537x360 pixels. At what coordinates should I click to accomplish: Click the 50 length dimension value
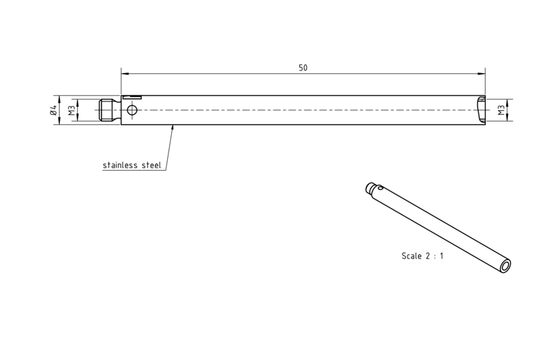coord(303,68)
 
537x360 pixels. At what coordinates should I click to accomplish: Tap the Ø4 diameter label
coord(53,110)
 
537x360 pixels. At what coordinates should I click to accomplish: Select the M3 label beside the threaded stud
coord(72,110)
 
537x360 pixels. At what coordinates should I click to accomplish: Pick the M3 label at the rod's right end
coord(501,110)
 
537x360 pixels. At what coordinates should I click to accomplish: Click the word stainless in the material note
coord(120,165)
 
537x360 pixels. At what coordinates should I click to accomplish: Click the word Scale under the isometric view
coord(411,256)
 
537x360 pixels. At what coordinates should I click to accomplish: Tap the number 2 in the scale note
coord(428,256)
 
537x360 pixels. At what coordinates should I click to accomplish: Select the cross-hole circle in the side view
coord(132,110)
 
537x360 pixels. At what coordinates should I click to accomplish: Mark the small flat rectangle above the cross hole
coord(132,97)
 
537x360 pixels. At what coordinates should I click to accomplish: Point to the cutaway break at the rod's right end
coord(481,109)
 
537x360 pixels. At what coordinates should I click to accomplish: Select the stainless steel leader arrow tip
coord(173,126)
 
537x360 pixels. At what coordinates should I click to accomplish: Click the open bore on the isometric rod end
coord(505,266)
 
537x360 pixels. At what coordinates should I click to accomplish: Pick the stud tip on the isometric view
coord(369,187)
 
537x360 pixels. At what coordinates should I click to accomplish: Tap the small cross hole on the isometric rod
coord(380,187)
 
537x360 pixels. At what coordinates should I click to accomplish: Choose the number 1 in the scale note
coord(442,256)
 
